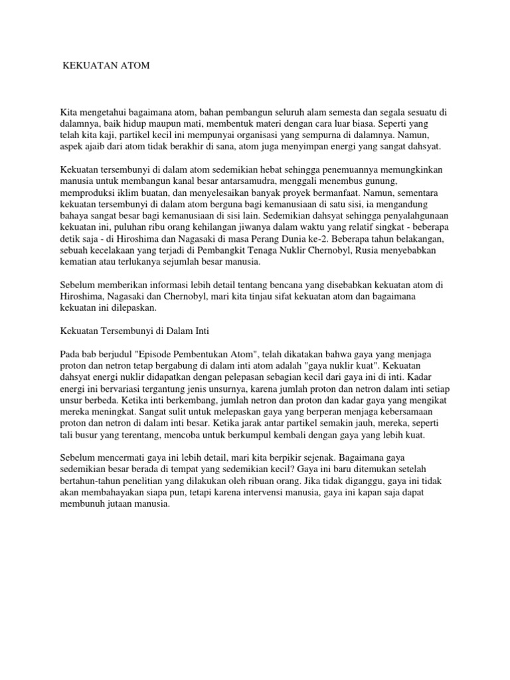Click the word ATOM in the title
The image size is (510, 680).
click(135, 66)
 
